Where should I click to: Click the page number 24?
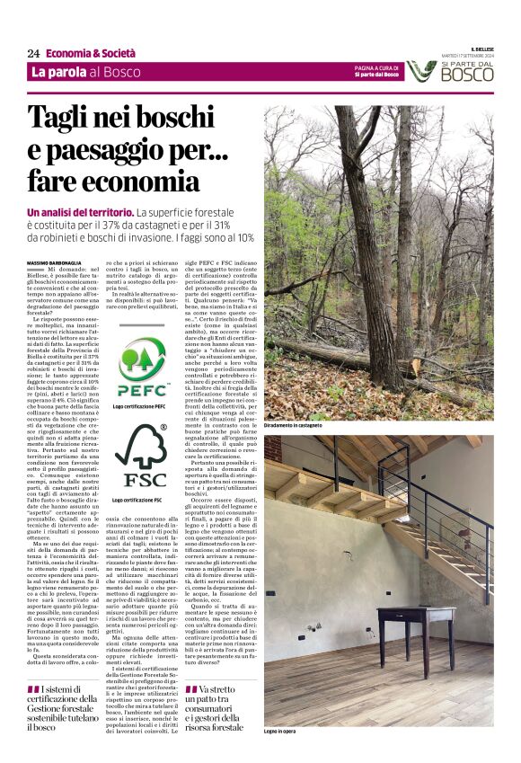[33, 54]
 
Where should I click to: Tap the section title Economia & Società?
[91, 54]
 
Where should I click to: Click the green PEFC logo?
[141, 367]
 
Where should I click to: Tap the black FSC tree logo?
[143, 456]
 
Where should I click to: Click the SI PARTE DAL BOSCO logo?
[449, 71]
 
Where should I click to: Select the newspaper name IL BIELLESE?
[482, 49]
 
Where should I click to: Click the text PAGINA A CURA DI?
[375, 67]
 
